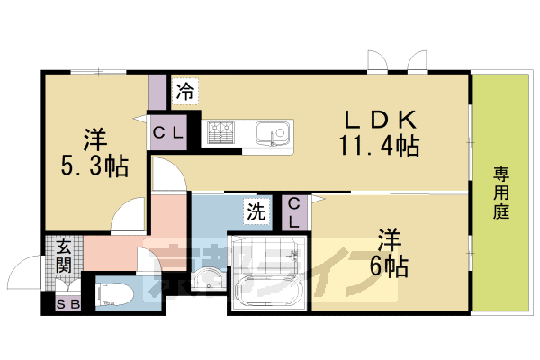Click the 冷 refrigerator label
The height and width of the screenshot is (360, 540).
tap(185, 90)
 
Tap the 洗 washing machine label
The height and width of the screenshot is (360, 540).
tap(256, 213)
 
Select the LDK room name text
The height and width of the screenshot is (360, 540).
tap(379, 119)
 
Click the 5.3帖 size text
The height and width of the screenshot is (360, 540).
tap(94, 165)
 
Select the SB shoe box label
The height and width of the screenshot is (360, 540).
tap(67, 304)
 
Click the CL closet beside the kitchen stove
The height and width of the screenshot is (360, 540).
tap(168, 135)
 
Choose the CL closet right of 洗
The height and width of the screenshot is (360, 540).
tap(295, 214)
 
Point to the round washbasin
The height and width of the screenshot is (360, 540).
tap(206, 278)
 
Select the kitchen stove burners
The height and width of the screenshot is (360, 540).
tap(220, 134)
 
